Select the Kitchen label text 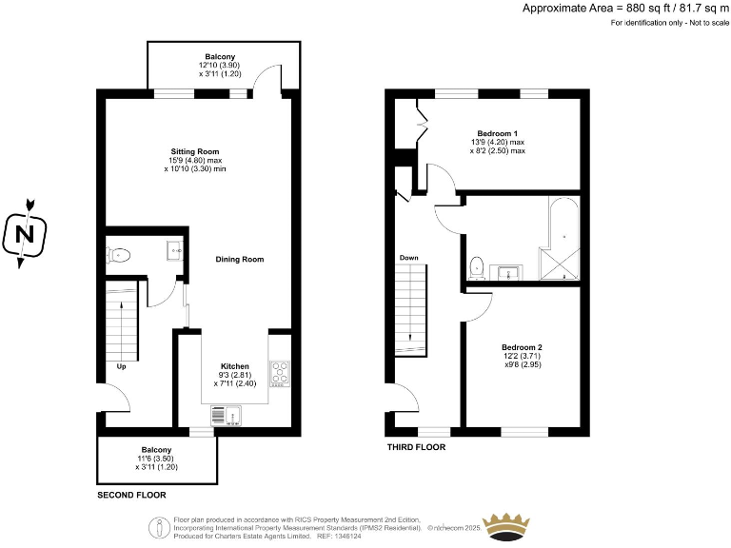coord(234,366)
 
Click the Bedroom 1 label coord(497,133)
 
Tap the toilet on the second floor coord(119,254)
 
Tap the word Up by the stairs coord(121,365)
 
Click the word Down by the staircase coord(408,258)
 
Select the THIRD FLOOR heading coord(415,446)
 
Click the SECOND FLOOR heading coord(131,495)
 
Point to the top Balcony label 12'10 coord(221,57)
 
